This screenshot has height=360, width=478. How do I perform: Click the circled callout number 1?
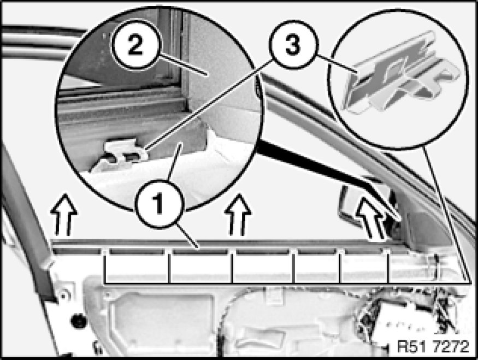pos(159,204)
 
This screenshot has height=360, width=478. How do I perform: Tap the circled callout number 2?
pos(135,45)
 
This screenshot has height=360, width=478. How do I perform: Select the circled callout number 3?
pos(293,44)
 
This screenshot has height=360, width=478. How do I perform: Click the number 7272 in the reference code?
pos(451,346)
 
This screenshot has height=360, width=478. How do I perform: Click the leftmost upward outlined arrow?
pos(64,214)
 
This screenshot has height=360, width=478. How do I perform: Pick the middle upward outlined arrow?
pos(238,215)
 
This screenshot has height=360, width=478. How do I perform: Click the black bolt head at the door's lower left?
pos(78,320)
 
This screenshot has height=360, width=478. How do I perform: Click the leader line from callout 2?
pos(183,64)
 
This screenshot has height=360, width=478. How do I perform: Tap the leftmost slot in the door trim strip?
pos(77,251)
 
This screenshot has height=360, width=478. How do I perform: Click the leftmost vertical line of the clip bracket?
pos(105,267)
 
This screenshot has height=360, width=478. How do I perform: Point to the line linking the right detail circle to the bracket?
pos(447,214)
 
